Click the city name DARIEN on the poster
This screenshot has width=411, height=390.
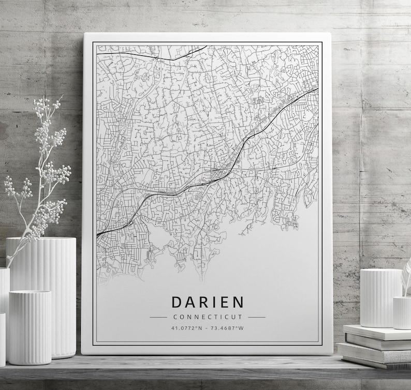207,302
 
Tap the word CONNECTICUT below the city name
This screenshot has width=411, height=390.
208,317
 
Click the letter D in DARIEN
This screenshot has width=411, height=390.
176,302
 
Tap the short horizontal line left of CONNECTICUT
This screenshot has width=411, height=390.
158,317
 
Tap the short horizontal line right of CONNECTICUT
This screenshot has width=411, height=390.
256,317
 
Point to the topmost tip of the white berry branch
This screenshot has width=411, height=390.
61,96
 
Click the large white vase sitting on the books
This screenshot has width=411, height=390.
380,297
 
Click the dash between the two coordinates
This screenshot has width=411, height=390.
207,327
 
